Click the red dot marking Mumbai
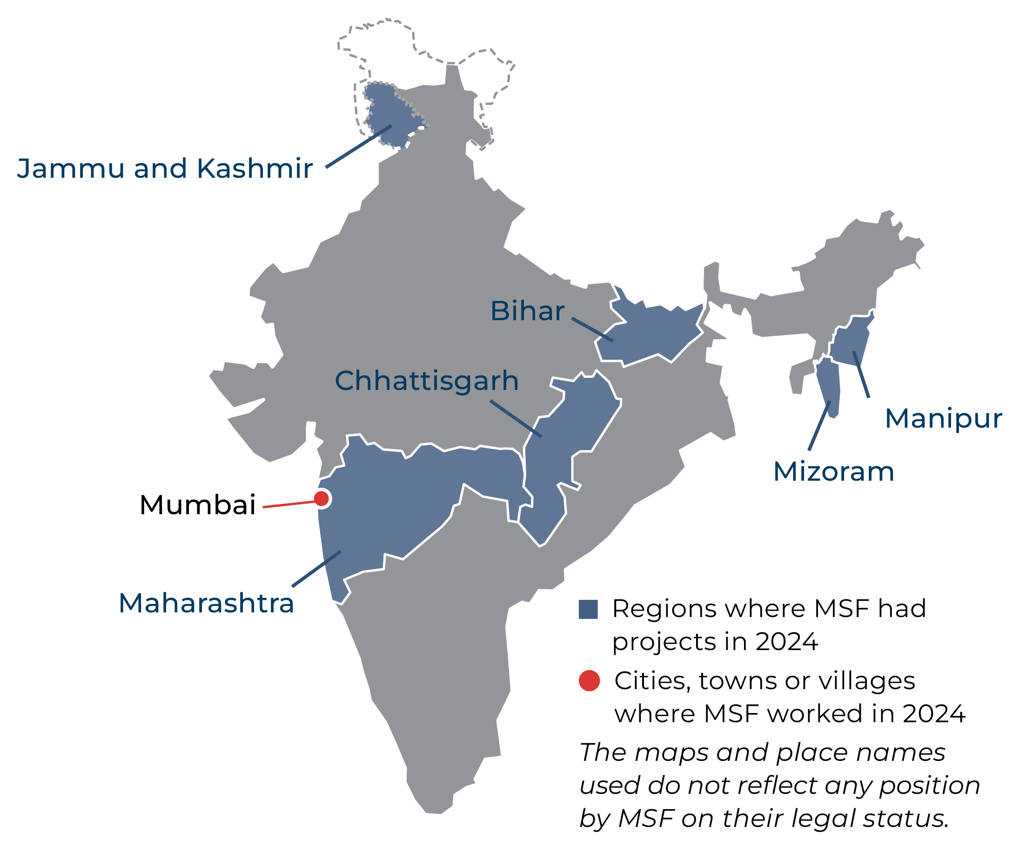(x=321, y=498)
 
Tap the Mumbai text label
(x=197, y=505)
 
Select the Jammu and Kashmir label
(x=165, y=168)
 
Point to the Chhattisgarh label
(x=427, y=381)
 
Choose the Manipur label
(x=943, y=418)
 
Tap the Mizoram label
(x=834, y=471)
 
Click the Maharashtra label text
(x=206, y=603)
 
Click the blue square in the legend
(x=588, y=609)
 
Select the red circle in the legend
(x=589, y=680)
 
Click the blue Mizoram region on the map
(x=828, y=383)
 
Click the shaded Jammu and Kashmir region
(x=388, y=112)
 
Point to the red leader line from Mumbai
(x=288, y=504)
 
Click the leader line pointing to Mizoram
(x=819, y=426)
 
